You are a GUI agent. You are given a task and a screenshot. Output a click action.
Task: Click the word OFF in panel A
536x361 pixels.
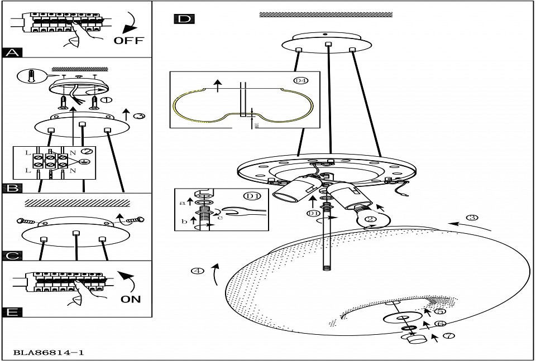pos(128,40)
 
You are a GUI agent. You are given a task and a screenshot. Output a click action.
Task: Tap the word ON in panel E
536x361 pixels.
pos(131,299)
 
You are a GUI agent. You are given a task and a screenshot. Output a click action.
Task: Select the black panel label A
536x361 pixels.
pos(13,53)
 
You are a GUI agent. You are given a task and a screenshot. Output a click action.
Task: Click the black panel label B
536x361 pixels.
pos(13,188)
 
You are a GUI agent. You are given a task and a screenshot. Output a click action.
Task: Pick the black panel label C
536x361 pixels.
pos(13,256)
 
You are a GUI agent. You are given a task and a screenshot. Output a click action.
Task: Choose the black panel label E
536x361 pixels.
pos(13,311)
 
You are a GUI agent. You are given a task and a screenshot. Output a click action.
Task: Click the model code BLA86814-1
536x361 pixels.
pos(49,353)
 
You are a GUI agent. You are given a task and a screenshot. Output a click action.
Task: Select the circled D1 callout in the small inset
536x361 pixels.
pos(252,196)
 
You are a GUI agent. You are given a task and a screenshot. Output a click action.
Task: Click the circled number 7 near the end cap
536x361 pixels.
pos(450,336)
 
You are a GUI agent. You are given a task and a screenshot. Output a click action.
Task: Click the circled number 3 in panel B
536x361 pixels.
pos(140,116)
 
